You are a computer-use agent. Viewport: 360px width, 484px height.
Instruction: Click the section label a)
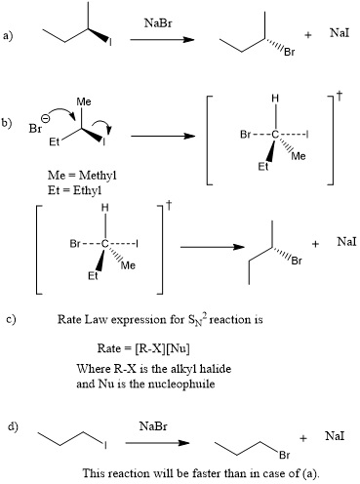coord(10,37)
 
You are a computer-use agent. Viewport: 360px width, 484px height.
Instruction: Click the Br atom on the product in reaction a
coord(289,48)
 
